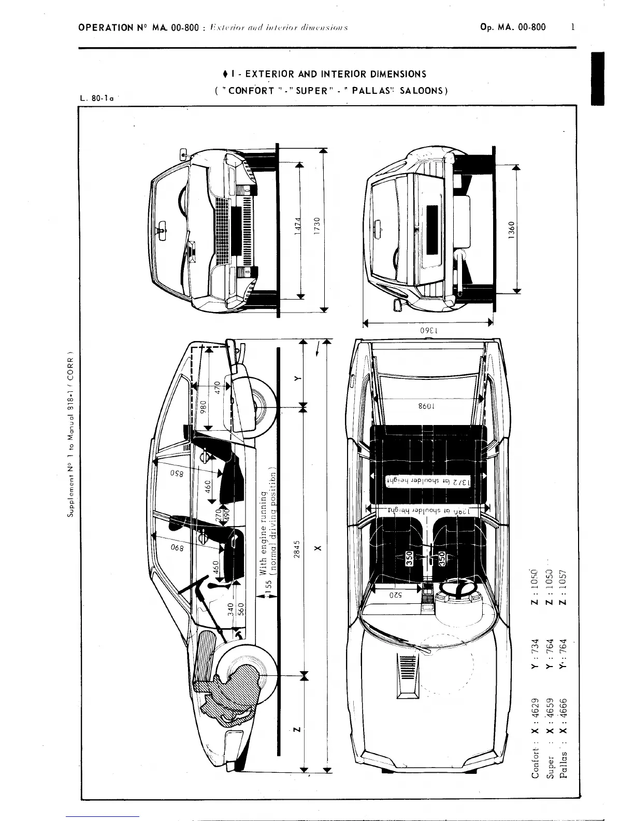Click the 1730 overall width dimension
[x=318, y=227]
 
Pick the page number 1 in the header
[x=573, y=27]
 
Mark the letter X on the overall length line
[x=318, y=548]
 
